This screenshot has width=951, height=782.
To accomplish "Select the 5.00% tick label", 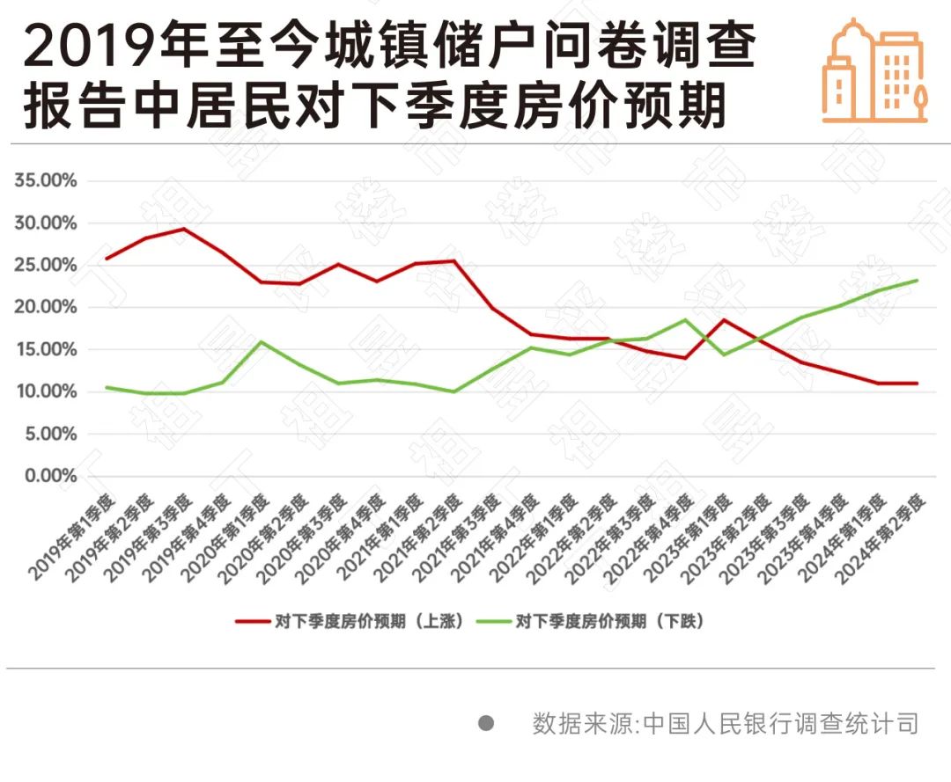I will coord(49,434).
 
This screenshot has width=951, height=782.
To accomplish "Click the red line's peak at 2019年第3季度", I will coord(183,229).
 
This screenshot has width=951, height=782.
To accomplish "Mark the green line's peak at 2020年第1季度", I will coord(260,341).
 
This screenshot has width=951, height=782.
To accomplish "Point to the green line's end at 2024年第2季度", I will coord(918,281).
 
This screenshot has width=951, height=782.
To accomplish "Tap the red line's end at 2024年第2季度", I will coord(918,383).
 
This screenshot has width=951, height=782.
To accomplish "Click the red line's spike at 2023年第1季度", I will coord(723,319).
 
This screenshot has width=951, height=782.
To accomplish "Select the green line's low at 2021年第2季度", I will coord(453,391).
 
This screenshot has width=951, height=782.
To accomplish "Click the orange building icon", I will coord(874,70).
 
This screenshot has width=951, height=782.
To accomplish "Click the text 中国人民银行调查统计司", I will coord(781,724).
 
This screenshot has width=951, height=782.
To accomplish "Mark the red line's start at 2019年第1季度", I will coord(107,259).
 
